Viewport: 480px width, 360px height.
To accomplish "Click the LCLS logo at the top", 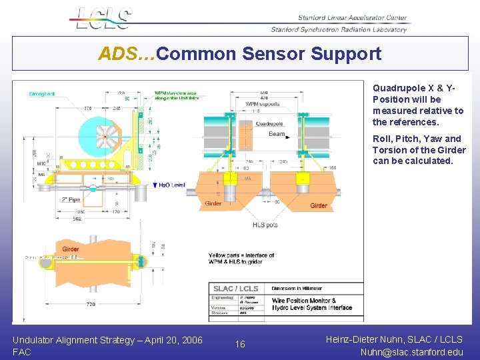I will click(x=104, y=18).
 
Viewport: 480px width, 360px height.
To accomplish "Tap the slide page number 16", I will click(x=240, y=344).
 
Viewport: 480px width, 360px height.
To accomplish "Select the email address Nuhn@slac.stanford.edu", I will click(x=411, y=351).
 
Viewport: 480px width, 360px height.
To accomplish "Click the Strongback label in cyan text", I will click(x=41, y=94).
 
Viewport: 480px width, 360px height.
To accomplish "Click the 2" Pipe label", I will click(x=71, y=199).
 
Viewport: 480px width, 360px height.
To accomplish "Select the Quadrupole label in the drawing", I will click(x=269, y=123).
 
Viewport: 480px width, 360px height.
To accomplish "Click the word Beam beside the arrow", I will click(x=277, y=134).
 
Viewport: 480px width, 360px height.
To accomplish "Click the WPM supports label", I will click(x=261, y=104).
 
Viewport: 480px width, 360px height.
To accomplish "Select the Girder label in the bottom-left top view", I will click(x=71, y=249).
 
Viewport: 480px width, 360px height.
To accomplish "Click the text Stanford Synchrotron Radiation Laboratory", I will click(x=339, y=29).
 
